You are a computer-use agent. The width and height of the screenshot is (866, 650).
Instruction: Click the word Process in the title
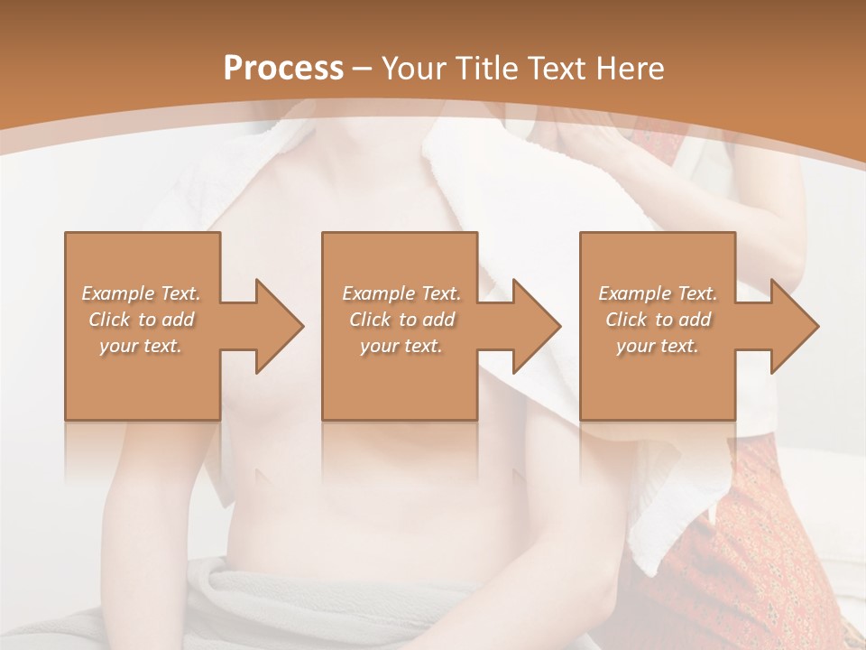point(283,69)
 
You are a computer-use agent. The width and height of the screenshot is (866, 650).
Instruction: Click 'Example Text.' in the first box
point(141,293)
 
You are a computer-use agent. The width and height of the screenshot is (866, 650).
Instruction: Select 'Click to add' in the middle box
point(401,320)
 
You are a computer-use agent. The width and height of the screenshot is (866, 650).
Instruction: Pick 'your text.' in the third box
point(658,346)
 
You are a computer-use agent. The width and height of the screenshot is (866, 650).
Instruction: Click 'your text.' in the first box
point(141,346)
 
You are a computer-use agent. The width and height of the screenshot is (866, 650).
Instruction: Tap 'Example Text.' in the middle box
point(401,293)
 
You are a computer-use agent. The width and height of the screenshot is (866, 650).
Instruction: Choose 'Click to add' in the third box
point(658,320)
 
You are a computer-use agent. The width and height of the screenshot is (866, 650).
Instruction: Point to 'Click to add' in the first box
point(141,320)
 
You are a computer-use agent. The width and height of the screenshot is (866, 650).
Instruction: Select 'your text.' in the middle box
point(401,346)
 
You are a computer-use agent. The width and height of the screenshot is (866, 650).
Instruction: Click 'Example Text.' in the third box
point(658,293)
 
